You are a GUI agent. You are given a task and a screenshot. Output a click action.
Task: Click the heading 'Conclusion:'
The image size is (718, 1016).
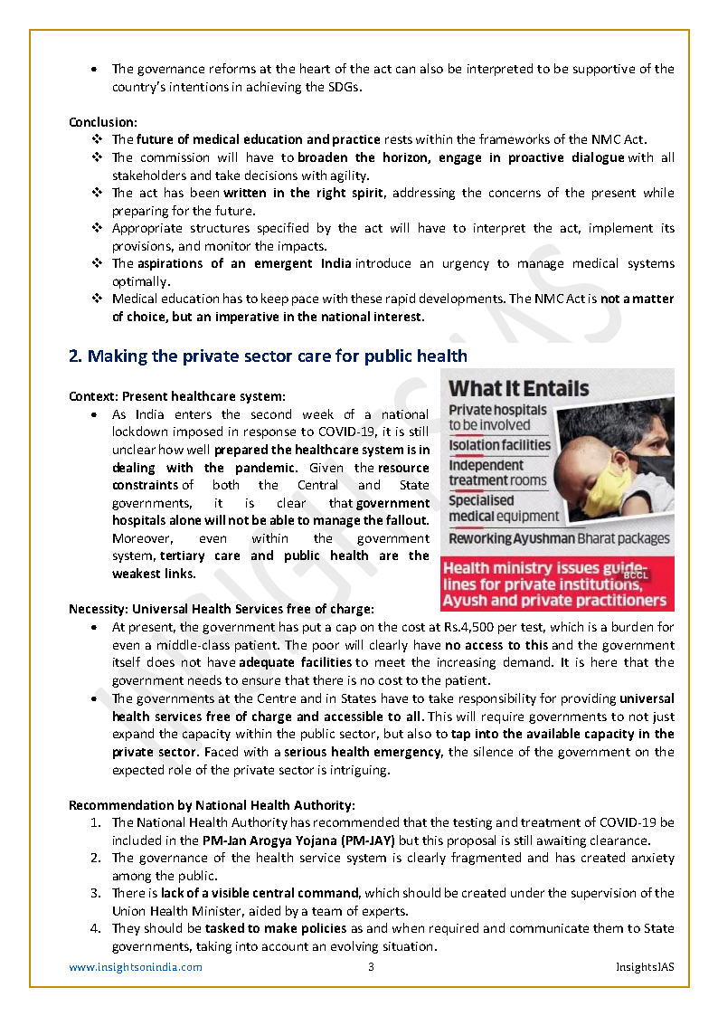coord(103,122)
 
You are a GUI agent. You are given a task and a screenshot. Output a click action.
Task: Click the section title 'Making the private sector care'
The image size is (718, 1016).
coord(268,356)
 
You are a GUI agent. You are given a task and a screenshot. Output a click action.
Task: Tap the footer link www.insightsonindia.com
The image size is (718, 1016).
coord(136,967)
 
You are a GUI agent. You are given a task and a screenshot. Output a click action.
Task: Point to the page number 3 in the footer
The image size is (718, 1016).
coord(371,967)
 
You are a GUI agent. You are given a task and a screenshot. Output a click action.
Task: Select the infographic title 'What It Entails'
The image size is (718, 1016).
coord(518,389)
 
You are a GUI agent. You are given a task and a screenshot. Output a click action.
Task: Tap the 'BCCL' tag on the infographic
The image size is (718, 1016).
coord(635,574)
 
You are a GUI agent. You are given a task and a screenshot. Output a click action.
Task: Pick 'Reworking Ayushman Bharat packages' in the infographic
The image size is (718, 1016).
coord(559,538)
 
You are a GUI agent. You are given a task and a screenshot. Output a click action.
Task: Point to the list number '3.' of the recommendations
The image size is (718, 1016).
coord(96,893)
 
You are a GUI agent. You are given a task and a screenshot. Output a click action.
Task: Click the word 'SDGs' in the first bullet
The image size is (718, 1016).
coord(342,87)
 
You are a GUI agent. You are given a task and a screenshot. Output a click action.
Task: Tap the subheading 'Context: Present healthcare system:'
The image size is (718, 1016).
coord(177,396)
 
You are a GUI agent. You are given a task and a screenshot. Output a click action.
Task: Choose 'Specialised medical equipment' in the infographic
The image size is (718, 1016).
coord(504,508)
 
